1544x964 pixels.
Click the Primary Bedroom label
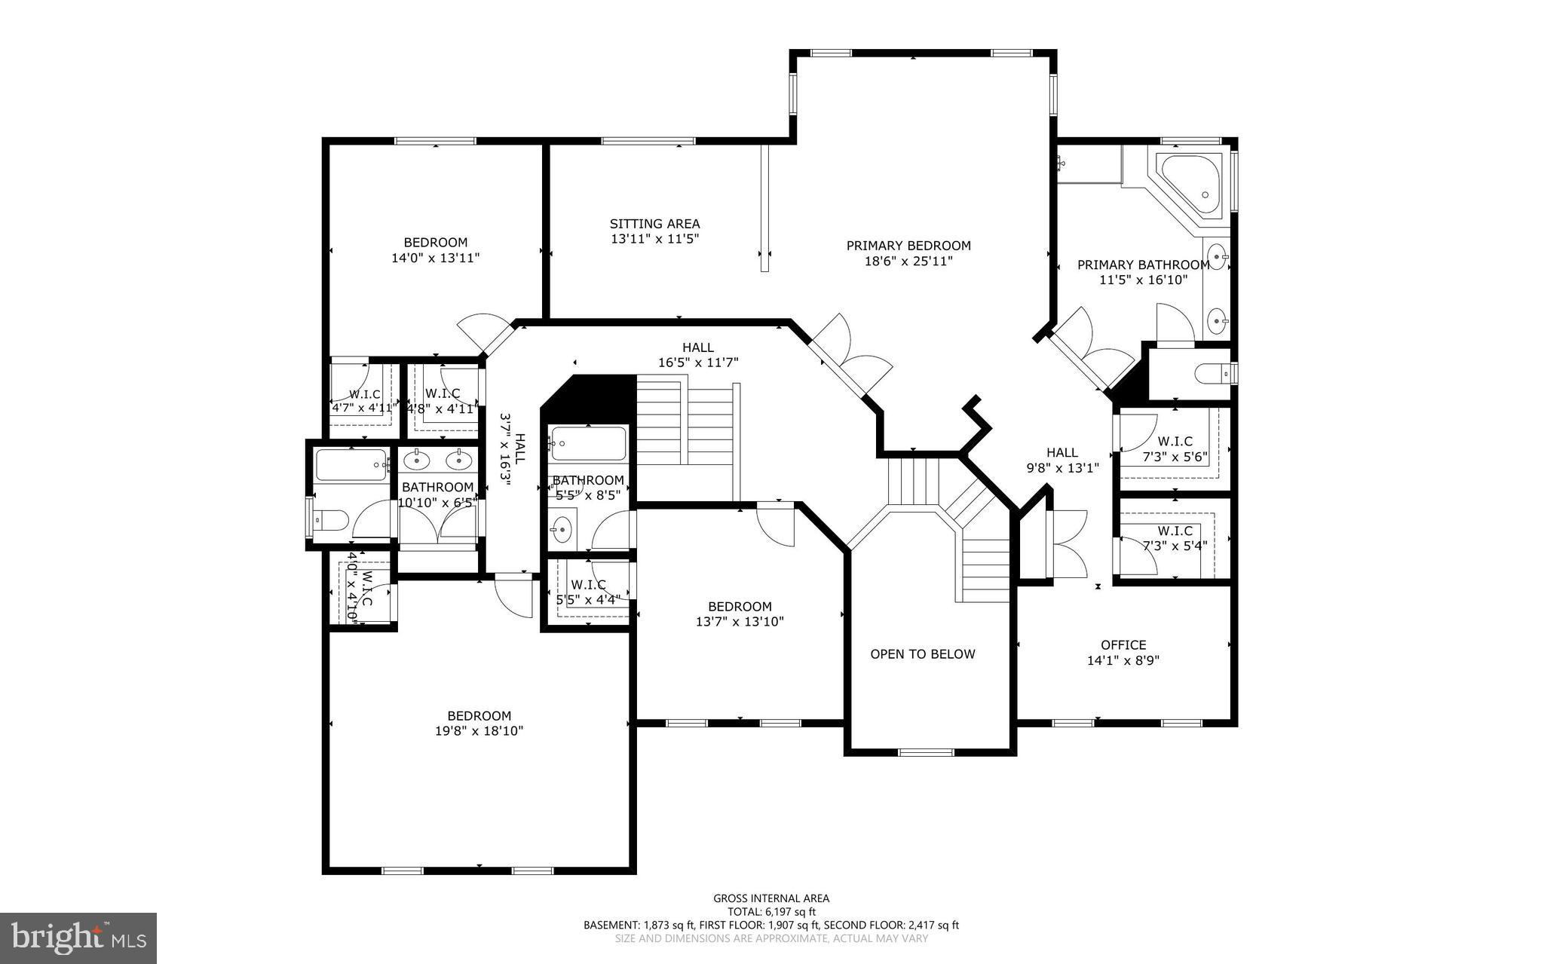point(908,246)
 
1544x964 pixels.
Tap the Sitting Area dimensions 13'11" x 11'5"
point(654,239)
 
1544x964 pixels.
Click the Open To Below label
point(922,654)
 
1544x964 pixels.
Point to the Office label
point(1123,645)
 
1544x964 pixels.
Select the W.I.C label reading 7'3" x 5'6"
point(1175,449)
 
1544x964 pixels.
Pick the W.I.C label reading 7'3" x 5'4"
point(1175,538)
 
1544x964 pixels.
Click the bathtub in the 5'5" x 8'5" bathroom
point(588,444)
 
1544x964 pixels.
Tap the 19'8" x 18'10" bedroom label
point(479,724)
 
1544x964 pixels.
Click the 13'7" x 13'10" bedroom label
point(740,614)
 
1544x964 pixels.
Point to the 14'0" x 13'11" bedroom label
point(435,250)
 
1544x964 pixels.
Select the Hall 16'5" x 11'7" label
point(697,355)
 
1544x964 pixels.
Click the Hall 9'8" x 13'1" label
point(1061,460)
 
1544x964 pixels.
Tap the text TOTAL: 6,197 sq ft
point(771,911)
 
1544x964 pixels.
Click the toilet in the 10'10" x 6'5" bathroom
point(331,519)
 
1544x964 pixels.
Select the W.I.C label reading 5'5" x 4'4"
point(588,592)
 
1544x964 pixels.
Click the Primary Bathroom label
point(1143,272)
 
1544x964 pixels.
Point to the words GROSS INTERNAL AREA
point(771,898)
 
